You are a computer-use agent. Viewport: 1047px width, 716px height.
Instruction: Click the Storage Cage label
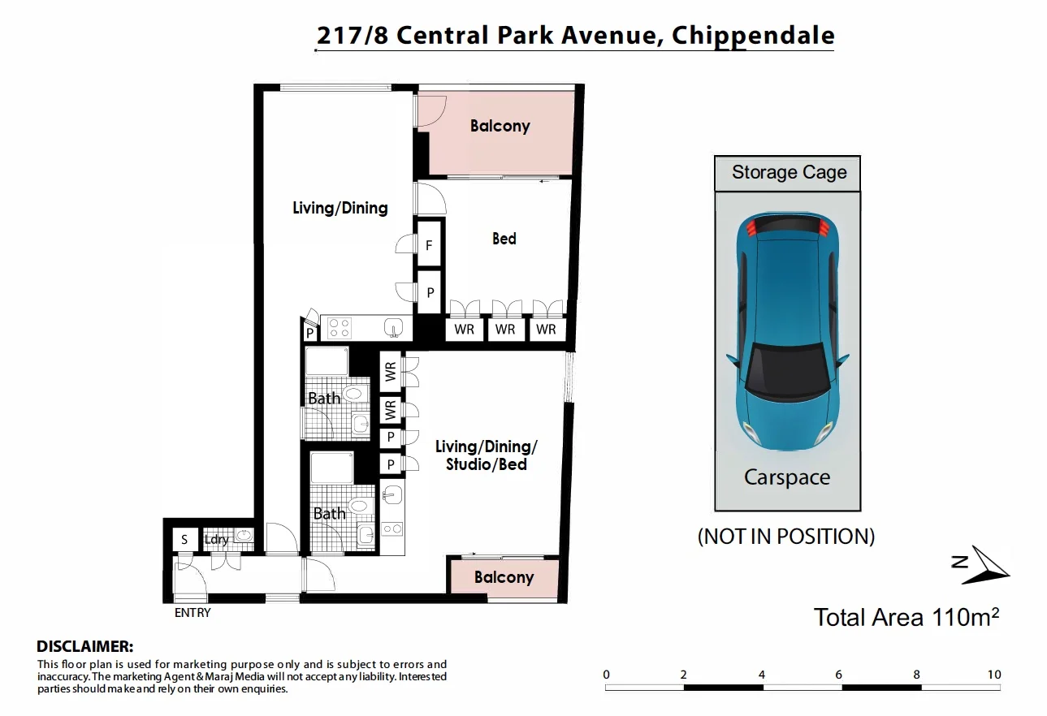coord(789,172)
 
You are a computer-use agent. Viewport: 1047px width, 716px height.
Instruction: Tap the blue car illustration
coord(788,331)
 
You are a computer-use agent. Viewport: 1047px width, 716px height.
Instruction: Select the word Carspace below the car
coord(787,477)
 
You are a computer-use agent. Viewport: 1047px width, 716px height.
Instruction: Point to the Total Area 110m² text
coord(906,618)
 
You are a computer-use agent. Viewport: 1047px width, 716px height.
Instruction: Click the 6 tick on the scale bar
coord(838,675)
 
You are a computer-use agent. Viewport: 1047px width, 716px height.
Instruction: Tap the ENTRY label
coord(193,613)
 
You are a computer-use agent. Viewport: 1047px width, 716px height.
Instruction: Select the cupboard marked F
coord(429,244)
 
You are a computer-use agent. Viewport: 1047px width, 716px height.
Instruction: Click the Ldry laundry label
coord(216,540)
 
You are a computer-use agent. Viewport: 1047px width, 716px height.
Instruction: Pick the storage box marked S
coord(184,540)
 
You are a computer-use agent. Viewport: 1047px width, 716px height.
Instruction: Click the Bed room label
coord(504,239)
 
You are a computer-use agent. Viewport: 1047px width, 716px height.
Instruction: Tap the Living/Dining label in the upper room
coord(340,209)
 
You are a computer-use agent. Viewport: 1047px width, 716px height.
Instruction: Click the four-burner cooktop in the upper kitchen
coord(340,328)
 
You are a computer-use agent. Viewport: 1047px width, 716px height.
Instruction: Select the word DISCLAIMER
coord(85,646)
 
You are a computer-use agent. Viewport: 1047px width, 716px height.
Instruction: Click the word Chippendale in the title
coord(753,36)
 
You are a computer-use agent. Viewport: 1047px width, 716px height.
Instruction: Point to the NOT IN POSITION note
coord(786,536)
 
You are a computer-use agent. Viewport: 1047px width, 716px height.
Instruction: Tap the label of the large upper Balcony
coord(500,126)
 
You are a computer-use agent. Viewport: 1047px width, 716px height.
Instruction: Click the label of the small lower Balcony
coord(504,577)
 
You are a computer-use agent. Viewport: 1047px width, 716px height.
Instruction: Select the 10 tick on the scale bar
coord(994,675)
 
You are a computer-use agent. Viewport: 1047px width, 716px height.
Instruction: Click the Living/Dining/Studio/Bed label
coord(486,455)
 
